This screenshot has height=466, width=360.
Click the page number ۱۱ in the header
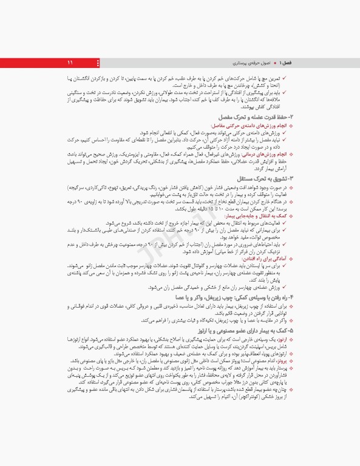coord(70,63)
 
